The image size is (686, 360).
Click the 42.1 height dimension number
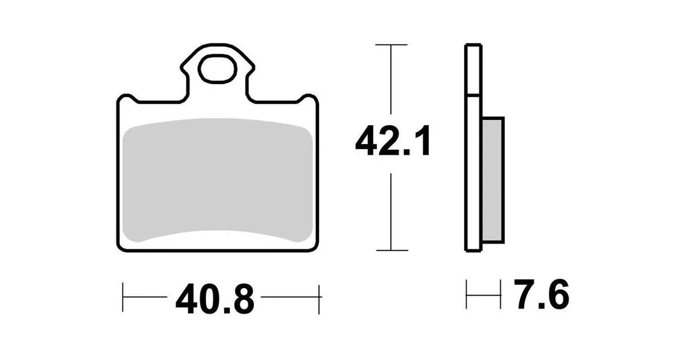click(393, 141)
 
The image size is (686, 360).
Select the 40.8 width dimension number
click(214, 299)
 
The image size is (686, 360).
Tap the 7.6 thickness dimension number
click(541, 294)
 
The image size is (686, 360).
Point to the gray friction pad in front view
click(217, 180)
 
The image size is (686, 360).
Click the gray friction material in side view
click(493, 179)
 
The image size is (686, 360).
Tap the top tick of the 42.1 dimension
click(391, 45)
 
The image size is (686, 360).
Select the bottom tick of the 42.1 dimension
click(392, 250)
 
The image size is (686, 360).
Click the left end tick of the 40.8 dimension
click(123, 297)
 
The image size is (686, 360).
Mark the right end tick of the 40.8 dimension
click(320, 299)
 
